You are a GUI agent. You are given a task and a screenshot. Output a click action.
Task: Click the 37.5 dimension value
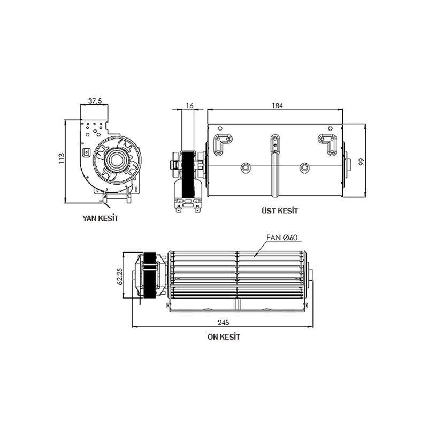click(x=95, y=100)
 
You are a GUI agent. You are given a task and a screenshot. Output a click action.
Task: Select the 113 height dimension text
click(x=62, y=159)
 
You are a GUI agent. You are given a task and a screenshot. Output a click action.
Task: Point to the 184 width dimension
click(x=277, y=105)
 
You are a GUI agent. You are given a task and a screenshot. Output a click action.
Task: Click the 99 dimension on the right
click(x=361, y=161)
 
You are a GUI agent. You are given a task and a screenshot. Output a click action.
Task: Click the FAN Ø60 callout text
click(x=282, y=237)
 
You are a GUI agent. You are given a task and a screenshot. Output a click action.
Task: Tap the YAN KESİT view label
click(x=100, y=218)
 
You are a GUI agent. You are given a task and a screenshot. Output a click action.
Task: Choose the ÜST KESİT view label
click(x=280, y=211)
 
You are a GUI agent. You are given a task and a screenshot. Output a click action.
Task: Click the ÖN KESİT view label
click(x=223, y=337)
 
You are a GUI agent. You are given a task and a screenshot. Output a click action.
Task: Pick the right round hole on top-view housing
click(x=304, y=167)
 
